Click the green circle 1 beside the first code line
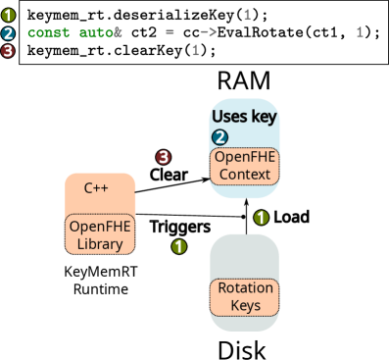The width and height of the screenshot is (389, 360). click(x=8, y=15)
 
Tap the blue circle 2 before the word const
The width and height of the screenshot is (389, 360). click(x=8, y=32)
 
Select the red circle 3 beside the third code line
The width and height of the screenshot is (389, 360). click(x=8, y=50)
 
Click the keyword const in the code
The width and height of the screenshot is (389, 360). click(x=49, y=32)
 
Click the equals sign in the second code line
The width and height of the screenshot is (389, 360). click(x=170, y=32)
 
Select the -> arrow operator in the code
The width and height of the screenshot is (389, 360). click(x=208, y=32)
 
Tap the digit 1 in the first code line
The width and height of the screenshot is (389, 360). click(x=246, y=15)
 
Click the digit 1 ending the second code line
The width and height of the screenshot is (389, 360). click(x=360, y=32)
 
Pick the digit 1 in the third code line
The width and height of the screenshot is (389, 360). click(x=195, y=50)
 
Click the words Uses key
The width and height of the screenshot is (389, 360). click(x=244, y=118)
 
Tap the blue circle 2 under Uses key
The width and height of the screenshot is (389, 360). click(x=220, y=137)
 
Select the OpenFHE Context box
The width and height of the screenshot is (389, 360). click(x=244, y=166)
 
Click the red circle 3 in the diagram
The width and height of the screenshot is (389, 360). click(x=164, y=157)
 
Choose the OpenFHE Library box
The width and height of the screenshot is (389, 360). click(x=100, y=234)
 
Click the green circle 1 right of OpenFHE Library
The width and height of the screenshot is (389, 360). click(x=178, y=246)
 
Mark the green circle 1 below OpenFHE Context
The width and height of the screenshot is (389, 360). click(x=261, y=218)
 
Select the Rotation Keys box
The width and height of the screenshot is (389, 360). click(x=244, y=297)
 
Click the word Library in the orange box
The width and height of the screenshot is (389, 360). click(x=100, y=244)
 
